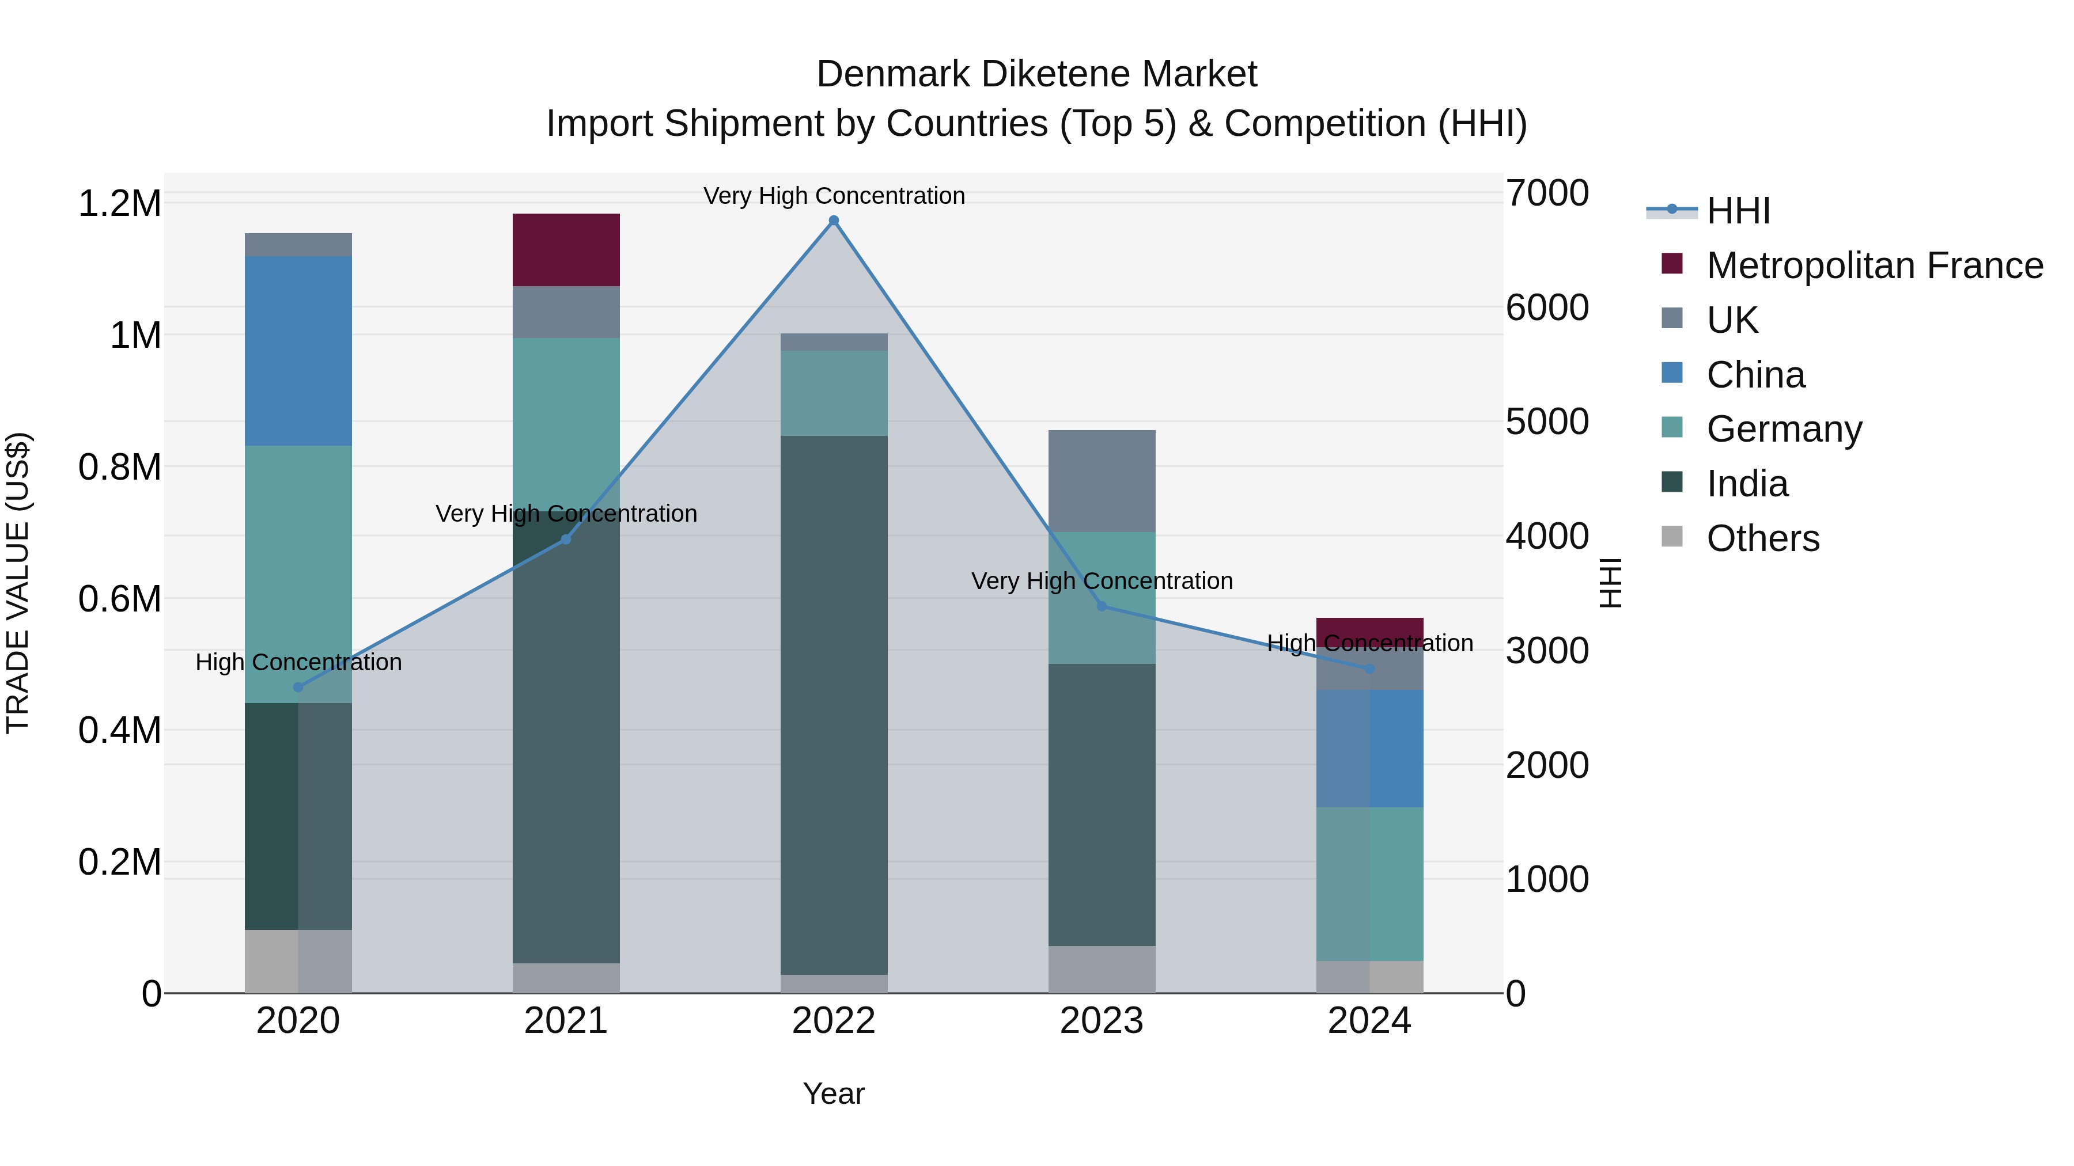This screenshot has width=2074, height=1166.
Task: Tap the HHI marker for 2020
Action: pyautogui.click(x=298, y=687)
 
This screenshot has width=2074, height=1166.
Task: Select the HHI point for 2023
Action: pyautogui.click(x=1102, y=606)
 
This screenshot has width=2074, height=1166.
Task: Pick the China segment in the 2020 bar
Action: pyautogui.click(x=298, y=351)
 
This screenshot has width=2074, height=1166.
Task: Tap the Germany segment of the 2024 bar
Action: pyautogui.click(x=1369, y=883)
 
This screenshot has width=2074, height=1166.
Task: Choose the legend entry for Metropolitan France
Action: pyautogui.click(x=1874, y=265)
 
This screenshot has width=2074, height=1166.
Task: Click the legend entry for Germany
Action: pyautogui.click(x=1784, y=429)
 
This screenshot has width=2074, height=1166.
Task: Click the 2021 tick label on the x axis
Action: pyautogui.click(x=566, y=1021)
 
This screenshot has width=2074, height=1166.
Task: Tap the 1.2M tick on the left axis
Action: pyautogui.click(x=120, y=204)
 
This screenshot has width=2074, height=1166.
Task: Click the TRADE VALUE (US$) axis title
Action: pyautogui.click(x=18, y=583)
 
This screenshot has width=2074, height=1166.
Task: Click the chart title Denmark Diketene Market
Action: pyautogui.click(x=1036, y=74)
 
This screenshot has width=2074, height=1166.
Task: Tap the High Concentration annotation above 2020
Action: pyautogui.click(x=298, y=662)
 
